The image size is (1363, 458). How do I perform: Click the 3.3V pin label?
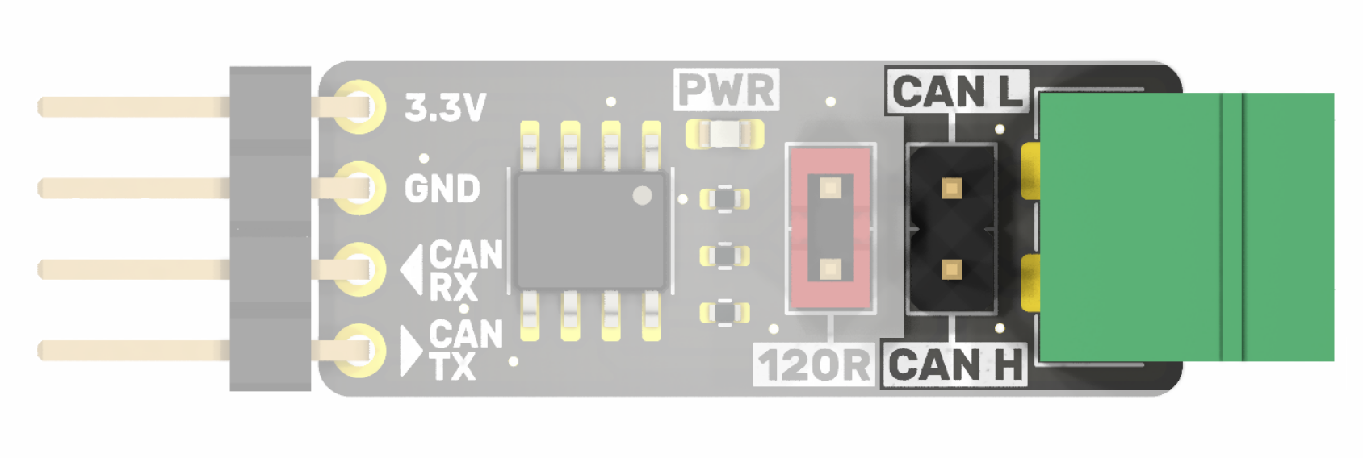click(445, 107)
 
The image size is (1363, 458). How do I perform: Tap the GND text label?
click(442, 189)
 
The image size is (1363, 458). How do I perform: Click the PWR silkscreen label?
click(727, 90)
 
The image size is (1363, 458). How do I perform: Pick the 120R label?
click(814, 365)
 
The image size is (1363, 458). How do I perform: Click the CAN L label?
click(958, 90)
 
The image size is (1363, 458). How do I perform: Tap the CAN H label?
click(956, 365)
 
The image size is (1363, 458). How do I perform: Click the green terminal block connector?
click(1185, 227)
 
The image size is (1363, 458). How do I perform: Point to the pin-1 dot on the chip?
click(642, 195)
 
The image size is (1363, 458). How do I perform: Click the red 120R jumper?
click(830, 228)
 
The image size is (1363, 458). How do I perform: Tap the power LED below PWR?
click(724, 133)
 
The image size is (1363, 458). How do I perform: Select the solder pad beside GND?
click(356, 189)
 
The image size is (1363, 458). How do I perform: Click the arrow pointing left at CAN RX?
click(412, 270)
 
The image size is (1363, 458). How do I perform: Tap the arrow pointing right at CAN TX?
click(411, 351)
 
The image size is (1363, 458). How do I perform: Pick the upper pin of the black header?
click(951, 189)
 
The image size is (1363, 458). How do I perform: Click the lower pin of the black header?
click(951, 269)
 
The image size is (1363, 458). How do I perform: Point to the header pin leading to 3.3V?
click(133, 106)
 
